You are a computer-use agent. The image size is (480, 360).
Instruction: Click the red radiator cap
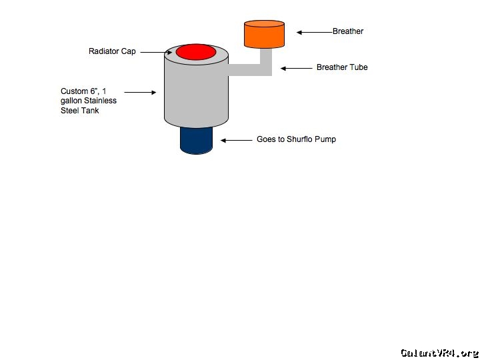point(197,52)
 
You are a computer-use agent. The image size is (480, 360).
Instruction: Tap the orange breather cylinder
point(264,35)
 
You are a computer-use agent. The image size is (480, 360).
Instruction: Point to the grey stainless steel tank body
point(196,93)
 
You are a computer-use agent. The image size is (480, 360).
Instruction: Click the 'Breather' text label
point(348,31)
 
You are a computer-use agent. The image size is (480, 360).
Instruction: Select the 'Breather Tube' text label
point(342,67)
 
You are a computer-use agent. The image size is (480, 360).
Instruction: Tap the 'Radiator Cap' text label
point(112,51)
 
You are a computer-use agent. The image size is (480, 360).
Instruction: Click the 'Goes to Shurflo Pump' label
point(296,140)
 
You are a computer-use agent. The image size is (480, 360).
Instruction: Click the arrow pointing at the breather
point(314,31)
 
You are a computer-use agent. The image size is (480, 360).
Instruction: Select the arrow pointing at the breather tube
point(296,67)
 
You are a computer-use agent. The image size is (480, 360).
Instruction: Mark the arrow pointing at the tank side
point(139,92)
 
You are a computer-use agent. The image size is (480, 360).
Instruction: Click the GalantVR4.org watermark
point(439,353)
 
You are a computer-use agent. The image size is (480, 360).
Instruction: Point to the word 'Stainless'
point(100,101)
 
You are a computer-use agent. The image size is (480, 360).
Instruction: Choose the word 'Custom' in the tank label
point(74,91)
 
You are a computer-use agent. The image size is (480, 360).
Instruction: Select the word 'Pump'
point(326,140)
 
